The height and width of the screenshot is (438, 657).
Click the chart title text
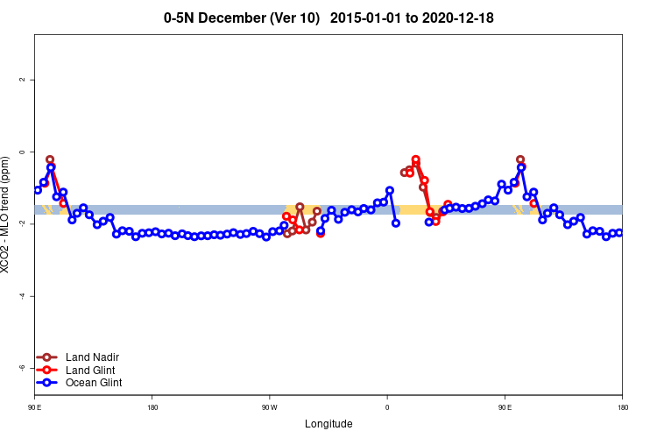(x=335, y=18)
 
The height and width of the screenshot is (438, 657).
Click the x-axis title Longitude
(x=328, y=424)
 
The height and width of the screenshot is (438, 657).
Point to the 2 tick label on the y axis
(x=22, y=80)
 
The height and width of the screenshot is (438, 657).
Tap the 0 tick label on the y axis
(x=22, y=152)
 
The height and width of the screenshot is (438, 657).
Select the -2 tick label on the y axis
(x=22, y=224)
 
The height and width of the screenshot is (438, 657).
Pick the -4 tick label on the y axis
(x=22, y=296)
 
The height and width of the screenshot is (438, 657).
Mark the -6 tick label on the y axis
(x=22, y=368)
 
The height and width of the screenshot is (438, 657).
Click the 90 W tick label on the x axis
(x=269, y=407)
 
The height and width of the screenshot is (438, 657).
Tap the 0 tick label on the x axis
(x=387, y=407)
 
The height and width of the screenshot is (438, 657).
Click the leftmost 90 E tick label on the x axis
(x=34, y=407)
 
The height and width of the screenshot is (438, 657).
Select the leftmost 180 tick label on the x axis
(x=152, y=407)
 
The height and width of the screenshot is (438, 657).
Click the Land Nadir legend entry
(x=92, y=357)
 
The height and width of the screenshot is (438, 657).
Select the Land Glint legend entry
(x=91, y=370)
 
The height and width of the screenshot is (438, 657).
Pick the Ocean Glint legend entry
(x=94, y=383)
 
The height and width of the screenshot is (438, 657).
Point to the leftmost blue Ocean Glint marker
(x=38, y=190)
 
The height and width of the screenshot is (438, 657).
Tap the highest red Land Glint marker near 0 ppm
(x=415, y=159)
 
